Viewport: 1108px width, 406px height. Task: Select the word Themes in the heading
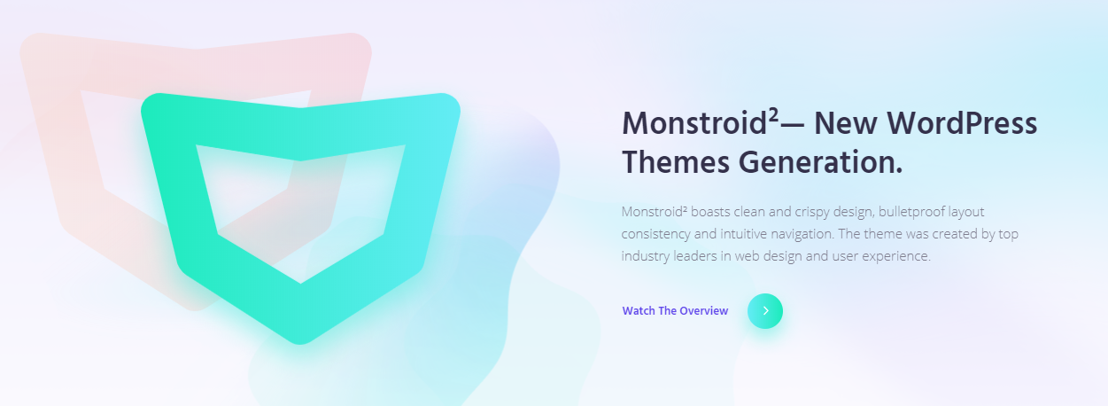click(676, 163)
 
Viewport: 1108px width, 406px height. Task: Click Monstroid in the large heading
click(694, 123)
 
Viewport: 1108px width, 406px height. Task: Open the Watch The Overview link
click(675, 311)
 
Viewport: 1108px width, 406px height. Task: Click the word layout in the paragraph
click(966, 212)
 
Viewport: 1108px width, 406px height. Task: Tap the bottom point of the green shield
click(300, 343)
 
